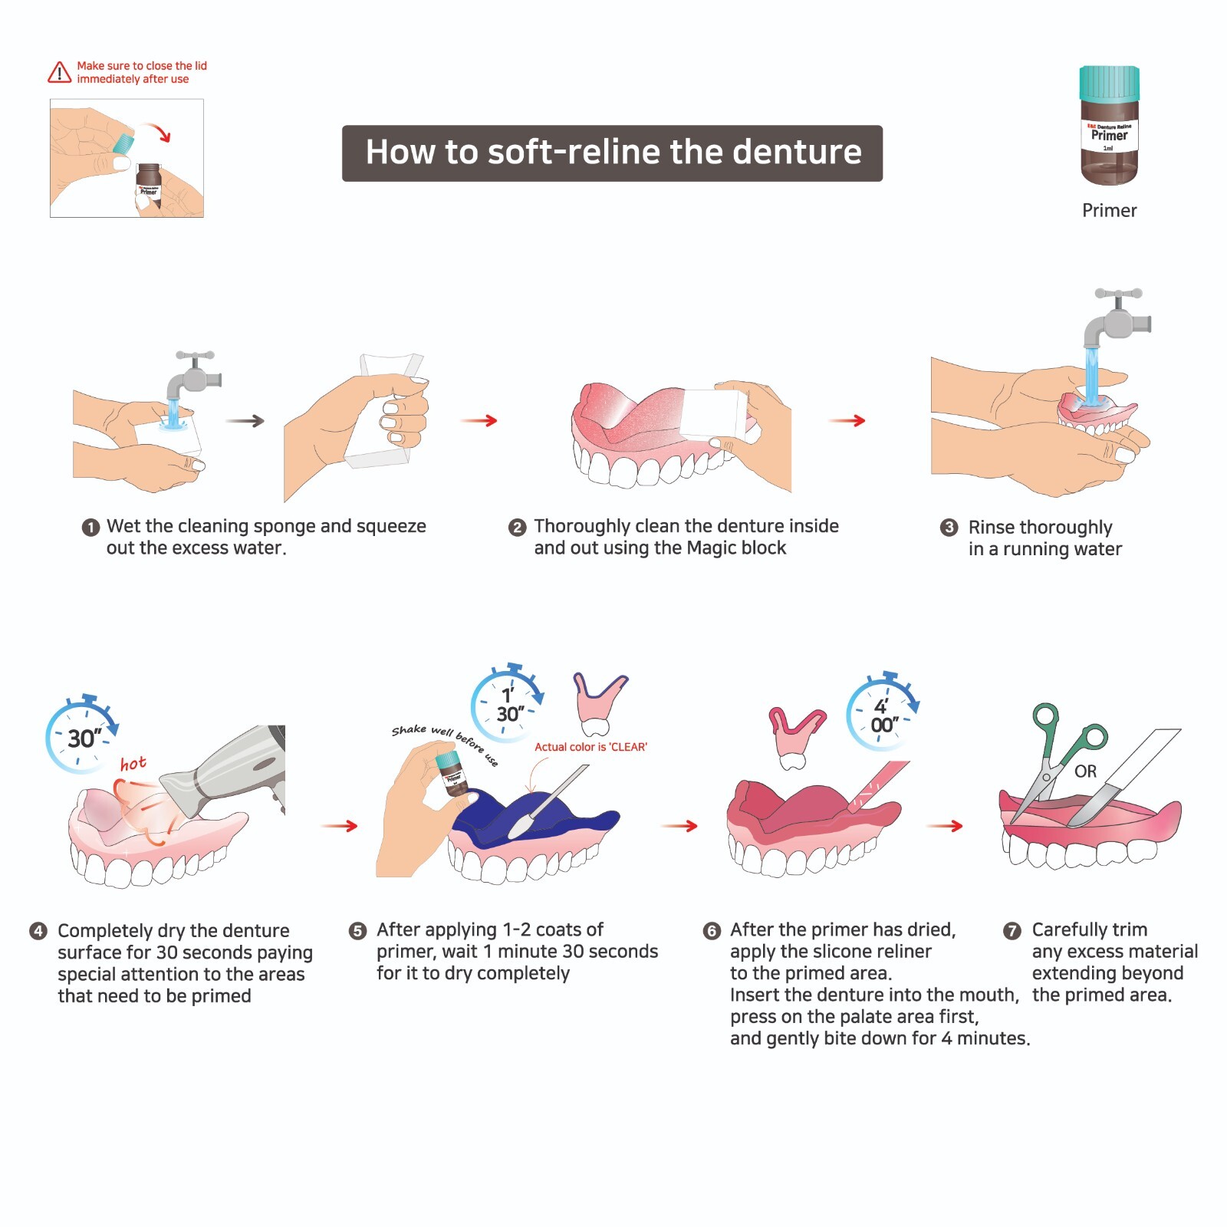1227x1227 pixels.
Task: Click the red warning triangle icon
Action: tap(59, 72)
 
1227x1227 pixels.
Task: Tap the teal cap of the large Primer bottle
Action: tap(1109, 83)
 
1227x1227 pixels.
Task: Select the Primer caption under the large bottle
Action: tap(1109, 210)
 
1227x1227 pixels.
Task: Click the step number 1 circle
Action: tap(90, 528)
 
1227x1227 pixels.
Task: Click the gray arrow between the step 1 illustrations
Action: tap(245, 421)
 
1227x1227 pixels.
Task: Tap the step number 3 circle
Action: tap(949, 528)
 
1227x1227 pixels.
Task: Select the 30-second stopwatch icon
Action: tap(81, 735)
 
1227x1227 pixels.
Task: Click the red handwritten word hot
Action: tap(133, 764)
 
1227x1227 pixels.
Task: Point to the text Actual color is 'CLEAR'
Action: tap(590, 747)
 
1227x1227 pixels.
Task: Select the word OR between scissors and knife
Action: tap(1085, 771)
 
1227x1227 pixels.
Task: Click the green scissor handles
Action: tap(1066, 729)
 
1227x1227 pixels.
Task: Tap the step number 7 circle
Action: tap(1012, 931)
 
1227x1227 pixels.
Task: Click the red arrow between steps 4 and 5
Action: tap(339, 826)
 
